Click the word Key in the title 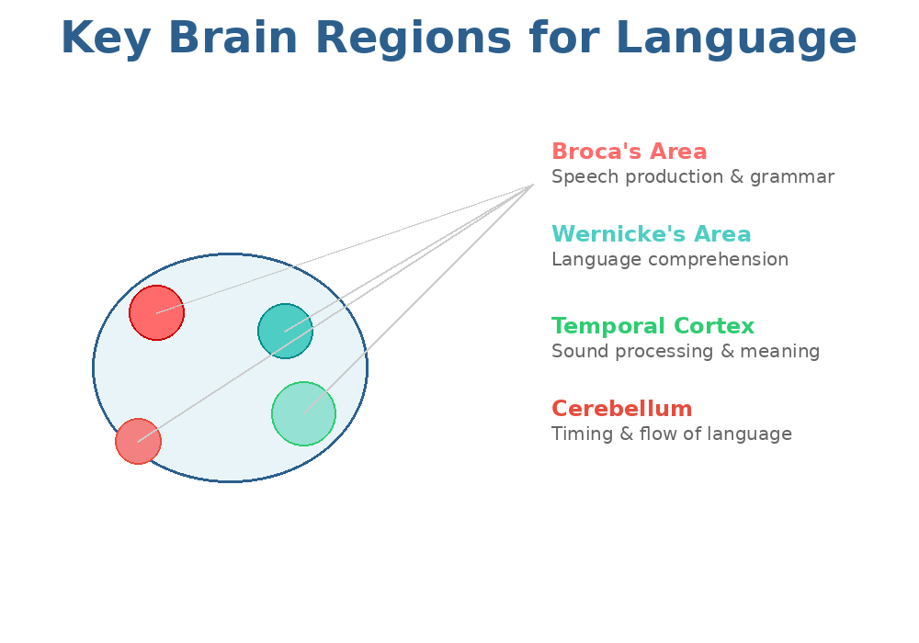[x=104, y=39]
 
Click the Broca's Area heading [x=629, y=152]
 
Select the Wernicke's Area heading [x=651, y=235]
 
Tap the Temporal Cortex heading [x=652, y=327]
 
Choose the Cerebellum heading [x=621, y=410]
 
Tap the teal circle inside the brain [x=285, y=331]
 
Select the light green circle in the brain [x=303, y=413]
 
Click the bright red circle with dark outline [x=156, y=312]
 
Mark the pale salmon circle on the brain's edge [x=138, y=441]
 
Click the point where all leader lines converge [x=533, y=186]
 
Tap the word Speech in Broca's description [x=580, y=177]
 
